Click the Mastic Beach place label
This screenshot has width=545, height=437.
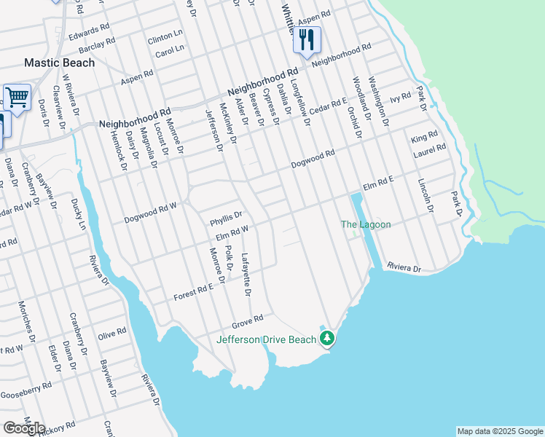(60, 63)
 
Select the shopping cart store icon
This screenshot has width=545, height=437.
(17, 97)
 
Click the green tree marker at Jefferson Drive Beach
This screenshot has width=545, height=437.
(328, 338)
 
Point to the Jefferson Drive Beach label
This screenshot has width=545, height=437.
(267, 339)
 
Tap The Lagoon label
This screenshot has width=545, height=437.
(366, 224)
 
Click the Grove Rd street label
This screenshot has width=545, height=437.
(247, 320)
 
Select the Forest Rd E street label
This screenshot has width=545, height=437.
(193, 294)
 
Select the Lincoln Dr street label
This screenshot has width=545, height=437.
(426, 194)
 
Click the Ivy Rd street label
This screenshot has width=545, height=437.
(401, 98)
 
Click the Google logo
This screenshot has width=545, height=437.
(24, 428)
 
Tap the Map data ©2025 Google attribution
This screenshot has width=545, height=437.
(499, 431)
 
